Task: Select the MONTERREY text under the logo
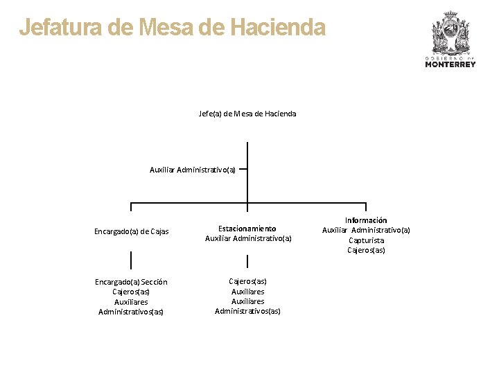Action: point(450,64)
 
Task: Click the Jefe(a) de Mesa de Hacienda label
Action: point(247,114)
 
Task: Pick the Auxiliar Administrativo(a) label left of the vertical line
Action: point(193,169)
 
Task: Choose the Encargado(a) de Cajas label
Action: point(132,231)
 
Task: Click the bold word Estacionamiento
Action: point(247,229)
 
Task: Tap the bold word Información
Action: point(366,220)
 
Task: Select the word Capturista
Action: point(366,240)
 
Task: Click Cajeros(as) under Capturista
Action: point(366,250)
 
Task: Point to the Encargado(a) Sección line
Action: point(131,282)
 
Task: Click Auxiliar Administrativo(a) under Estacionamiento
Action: point(248,238)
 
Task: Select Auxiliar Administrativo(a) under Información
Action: point(366,230)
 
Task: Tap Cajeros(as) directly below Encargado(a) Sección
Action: point(131,292)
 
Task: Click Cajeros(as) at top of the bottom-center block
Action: point(247,281)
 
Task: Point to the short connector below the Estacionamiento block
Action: point(247,262)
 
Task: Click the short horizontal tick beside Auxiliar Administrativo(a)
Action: point(243,168)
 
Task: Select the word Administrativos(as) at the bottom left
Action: point(131,312)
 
